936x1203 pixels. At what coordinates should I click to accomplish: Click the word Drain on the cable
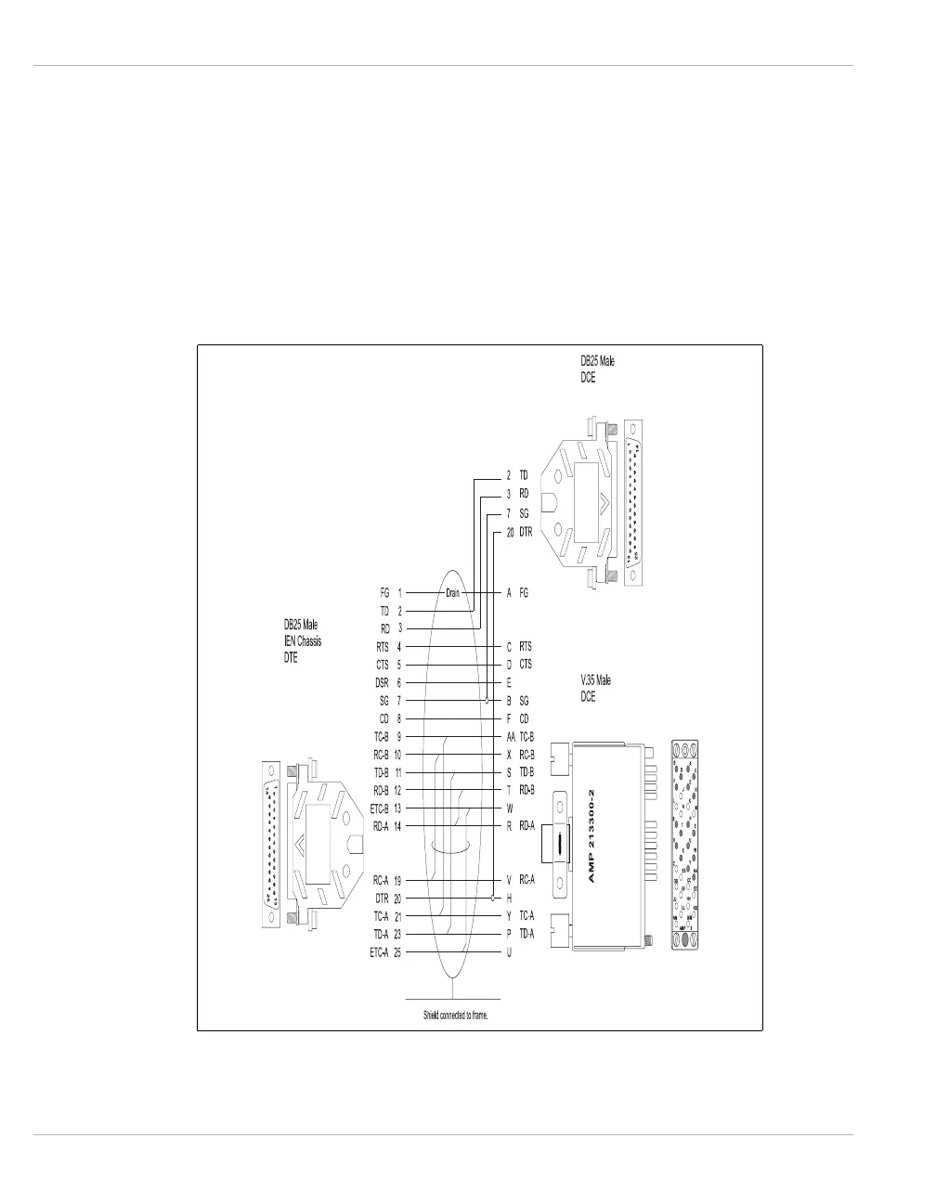(452, 592)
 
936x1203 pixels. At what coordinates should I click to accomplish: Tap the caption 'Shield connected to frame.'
(455, 1015)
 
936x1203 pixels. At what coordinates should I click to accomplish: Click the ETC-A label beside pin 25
(379, 952)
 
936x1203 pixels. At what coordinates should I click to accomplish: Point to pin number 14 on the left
(397, 826)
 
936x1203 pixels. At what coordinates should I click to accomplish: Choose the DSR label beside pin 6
(381, 682)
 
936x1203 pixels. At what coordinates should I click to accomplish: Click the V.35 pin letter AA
(510, 736)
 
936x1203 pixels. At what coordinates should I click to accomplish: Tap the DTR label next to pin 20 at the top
(526, 533)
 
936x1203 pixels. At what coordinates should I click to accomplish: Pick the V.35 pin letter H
(509, 899)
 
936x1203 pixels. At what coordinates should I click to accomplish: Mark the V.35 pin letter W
(509, 808)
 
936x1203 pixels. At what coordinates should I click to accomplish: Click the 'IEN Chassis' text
(303, 641)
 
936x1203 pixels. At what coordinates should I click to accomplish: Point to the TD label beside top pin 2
(524, 474)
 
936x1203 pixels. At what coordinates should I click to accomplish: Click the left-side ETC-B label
(379, 808)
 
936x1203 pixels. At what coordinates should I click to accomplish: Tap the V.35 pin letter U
(509, 952)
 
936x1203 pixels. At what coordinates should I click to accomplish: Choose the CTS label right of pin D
(526, 665)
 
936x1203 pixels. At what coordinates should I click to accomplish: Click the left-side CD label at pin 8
(383, 718)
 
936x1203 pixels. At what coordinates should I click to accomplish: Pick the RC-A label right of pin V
(526, 880)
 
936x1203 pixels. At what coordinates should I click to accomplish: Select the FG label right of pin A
(524, 592)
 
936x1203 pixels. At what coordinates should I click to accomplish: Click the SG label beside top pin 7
(524, 512)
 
